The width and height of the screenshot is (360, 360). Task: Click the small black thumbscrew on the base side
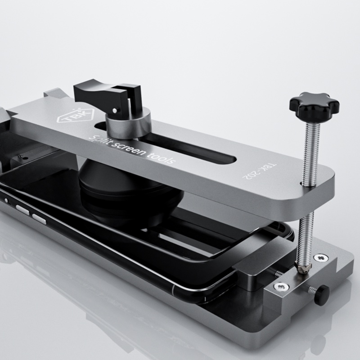click(321, 294)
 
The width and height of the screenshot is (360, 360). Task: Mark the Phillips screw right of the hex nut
click(321, 258)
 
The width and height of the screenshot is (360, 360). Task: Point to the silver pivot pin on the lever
click(116, 109)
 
